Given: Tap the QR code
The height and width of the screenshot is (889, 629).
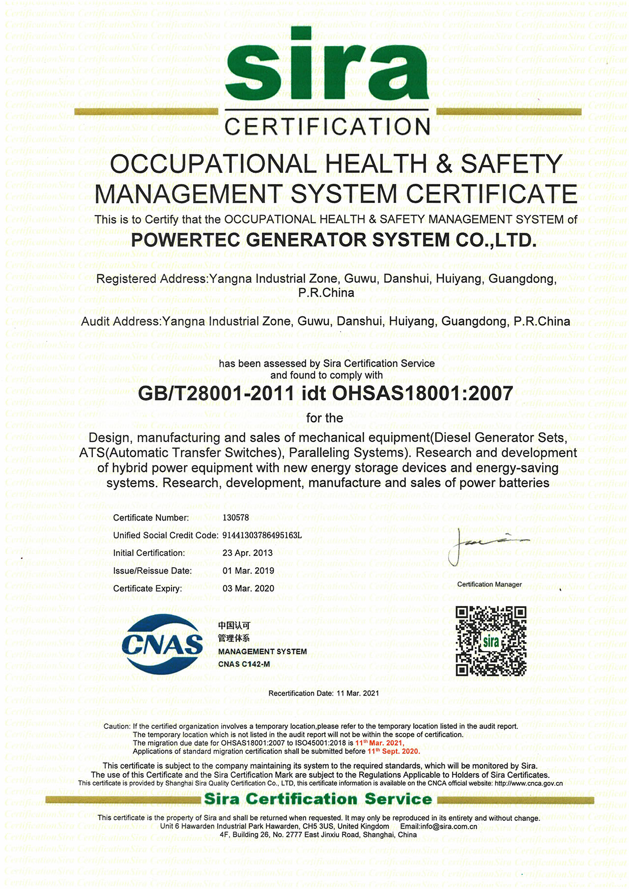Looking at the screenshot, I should (x=490, y=641).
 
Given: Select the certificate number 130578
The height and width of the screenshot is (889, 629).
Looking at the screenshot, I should (x=236, y=518).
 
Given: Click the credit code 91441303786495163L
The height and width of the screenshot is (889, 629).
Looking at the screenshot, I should (x=262, y=535).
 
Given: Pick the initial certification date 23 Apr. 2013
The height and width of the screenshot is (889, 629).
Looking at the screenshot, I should (x=248, y=553).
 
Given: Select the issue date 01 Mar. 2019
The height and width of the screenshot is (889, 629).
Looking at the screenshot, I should (x=248, y=571).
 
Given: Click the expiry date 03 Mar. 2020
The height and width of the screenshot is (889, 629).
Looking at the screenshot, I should (x=248, y=588).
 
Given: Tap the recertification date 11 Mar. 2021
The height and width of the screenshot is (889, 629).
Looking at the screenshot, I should (x=358, y=693).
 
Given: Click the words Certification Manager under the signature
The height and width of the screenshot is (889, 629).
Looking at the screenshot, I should (x=489, y=584).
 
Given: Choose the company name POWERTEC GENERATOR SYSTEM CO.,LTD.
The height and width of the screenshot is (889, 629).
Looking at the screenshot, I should (x=334, y=240).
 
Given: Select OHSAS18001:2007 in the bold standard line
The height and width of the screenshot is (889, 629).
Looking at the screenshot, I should (x=423, y=393).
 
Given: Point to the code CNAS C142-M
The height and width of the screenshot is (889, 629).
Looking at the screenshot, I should (x=244, y=665).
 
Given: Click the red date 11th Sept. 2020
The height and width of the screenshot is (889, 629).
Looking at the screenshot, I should (x=394, y=751).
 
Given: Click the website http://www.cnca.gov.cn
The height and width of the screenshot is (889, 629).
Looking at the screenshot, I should (x=529, y=783).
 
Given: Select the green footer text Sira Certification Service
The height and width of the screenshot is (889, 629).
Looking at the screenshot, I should (x=318, y=799).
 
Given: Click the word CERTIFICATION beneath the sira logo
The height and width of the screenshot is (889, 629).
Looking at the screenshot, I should (x=327, y=127).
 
